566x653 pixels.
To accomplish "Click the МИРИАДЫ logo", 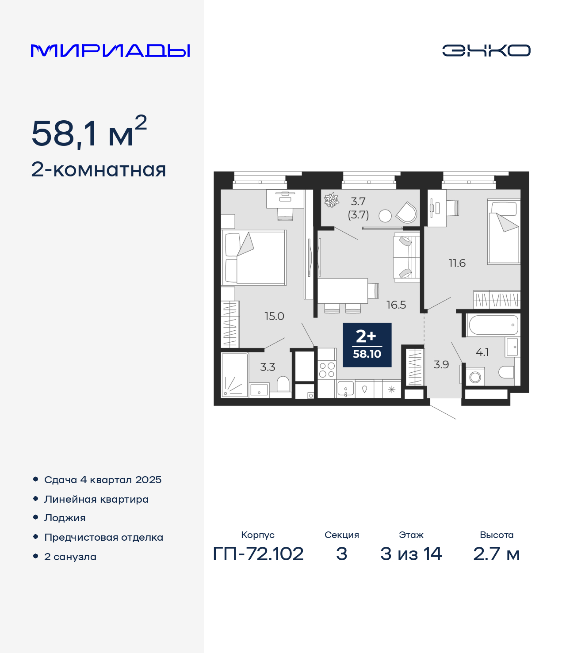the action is tap(110, 50).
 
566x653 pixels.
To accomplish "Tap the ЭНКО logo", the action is tap(486, 50).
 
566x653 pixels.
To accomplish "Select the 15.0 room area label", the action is tap(274, 316).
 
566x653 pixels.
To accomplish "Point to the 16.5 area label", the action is tap(396, 305).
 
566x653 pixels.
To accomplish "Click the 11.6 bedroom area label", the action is tap(457, 263).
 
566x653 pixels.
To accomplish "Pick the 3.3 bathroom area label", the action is tap(268, 367).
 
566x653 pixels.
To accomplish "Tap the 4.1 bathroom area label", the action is tap(482, 352).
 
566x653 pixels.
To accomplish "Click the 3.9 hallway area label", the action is tap(441, 365).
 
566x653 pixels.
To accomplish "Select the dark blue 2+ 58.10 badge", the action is tap(367, 345).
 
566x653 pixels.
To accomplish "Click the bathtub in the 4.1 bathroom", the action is tap(493, 325).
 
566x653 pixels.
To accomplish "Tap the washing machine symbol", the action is tap(475, 377).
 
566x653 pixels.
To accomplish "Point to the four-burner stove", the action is tap(327, 370).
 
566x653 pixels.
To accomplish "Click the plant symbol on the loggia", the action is tap(331, 200).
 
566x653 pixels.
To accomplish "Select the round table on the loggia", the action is tap(385, 216).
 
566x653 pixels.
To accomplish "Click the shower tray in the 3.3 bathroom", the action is tap(235, 374).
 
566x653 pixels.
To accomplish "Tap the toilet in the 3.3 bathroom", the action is tap(283, 384).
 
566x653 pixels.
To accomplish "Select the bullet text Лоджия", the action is tap(65, 518).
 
